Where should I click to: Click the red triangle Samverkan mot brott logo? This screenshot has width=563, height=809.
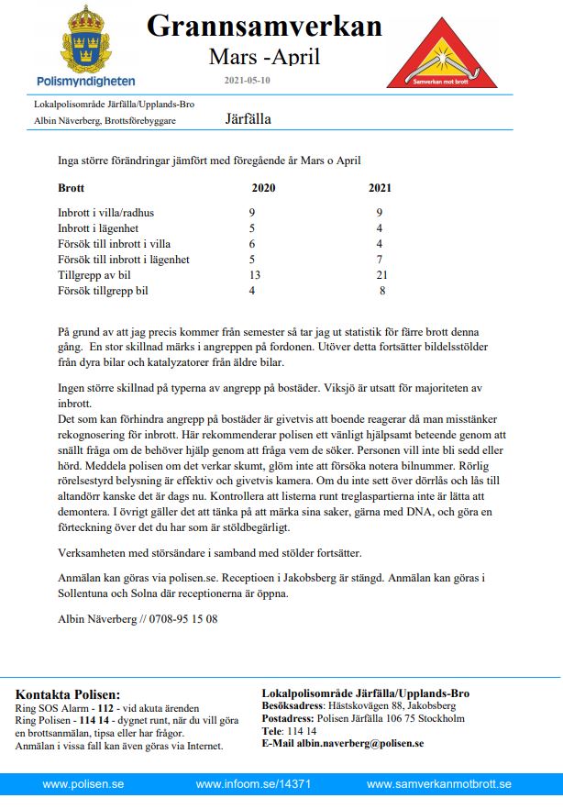(x=441, y=52)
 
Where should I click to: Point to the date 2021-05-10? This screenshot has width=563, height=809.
(x=247, y=81)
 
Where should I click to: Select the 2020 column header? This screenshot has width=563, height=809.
(x=263, y=189)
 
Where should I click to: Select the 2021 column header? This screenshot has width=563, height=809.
(x=380, y=189)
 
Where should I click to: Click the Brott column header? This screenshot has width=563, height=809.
(x=72, y=189)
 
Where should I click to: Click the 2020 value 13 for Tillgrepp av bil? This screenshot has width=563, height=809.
(x=255, y=275)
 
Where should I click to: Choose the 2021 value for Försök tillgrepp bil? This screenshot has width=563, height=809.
(x=381, y=291)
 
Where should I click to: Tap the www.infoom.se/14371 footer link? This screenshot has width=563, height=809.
(x=254, y=785)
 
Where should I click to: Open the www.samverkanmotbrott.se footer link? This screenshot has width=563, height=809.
(x=438, y=785)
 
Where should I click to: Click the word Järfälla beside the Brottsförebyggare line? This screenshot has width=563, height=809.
(x=248, y=119)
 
